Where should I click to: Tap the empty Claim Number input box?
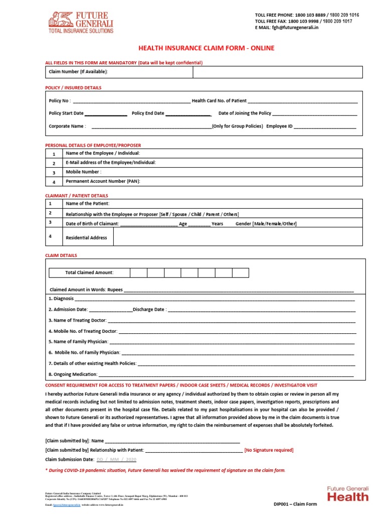(277, 72)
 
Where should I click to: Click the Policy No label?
(60, 101)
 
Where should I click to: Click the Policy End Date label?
(148, 113)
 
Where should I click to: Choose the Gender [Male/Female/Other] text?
(266, 224)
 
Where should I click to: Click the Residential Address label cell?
(86, 237)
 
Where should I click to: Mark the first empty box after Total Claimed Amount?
(138, 273)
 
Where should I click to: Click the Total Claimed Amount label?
(89, 273)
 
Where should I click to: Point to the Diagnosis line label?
(61, 299)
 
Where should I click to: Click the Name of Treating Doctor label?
(77, 320)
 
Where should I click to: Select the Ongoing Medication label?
(72, 374)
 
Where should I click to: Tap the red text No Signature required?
(269, 450)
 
